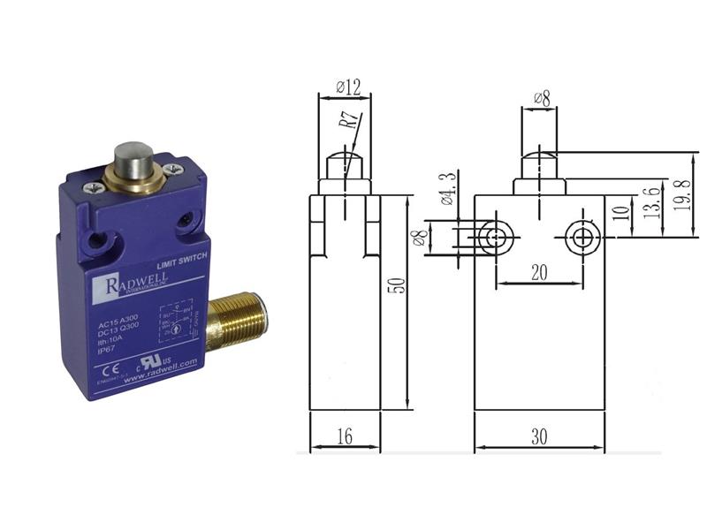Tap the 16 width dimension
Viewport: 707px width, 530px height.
pos(344,435)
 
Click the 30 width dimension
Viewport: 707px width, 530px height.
pos(539,435)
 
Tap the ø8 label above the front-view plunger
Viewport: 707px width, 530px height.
pos(541,99)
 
